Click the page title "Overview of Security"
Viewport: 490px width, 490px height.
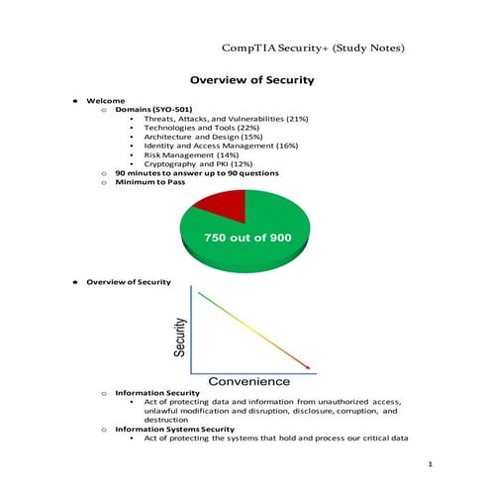tap(251, 80)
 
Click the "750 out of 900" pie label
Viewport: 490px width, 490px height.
tap(246, 239)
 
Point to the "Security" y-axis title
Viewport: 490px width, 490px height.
tap(180, 337)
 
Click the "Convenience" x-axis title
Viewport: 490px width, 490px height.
tap(248, 381)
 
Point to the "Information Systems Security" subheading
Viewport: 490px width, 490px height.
tap(175, 429)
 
